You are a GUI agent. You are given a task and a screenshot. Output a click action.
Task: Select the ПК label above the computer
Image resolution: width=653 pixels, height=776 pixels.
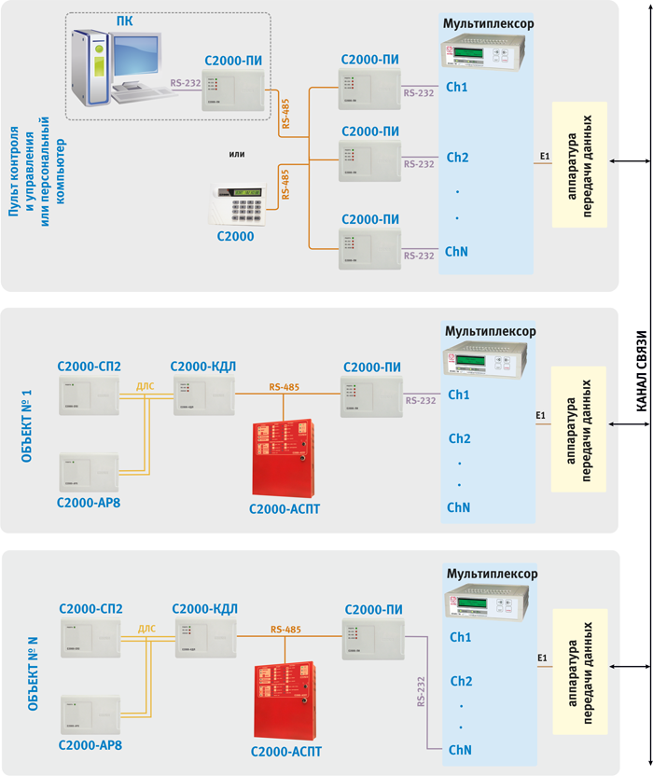(123, 21)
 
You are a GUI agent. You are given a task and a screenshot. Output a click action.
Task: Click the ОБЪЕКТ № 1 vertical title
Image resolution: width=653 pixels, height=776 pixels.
(27, 416)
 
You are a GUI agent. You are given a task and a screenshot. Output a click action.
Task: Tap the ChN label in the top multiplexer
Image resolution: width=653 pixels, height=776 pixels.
(456, 252)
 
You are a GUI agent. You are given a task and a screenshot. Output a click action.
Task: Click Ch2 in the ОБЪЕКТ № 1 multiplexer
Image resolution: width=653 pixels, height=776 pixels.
(460, 438)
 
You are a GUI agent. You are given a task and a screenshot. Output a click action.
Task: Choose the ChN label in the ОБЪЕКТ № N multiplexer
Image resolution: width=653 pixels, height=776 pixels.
(458, 750)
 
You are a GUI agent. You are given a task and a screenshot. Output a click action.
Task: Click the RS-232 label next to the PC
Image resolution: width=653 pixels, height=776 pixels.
(185, 83)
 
